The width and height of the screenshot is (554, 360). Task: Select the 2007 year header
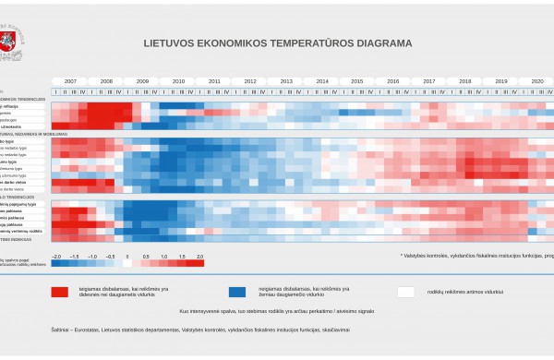[x=70, y=82]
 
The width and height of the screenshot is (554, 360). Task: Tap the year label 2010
[x=178, y=82]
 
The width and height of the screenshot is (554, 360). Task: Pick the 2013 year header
[x=286, y=82]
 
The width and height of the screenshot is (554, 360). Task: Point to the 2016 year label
[x=393, y=82]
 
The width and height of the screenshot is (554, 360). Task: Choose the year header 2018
[x=465, y=82]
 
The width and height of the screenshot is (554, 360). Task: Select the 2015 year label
[x=357, y=82]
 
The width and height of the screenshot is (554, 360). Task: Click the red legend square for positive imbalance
[x=60, y=292]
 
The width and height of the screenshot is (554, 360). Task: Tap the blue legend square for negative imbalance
[x=237, y=292]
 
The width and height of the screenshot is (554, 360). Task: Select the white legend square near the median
[x=405, y=292]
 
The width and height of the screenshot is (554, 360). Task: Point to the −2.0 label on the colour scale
[x=56, y=255]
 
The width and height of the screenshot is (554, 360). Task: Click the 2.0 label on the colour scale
[x=200, y=255]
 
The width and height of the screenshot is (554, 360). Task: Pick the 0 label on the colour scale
[x=128, y=255]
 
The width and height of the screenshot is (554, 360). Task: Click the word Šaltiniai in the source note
[x=62, y=329]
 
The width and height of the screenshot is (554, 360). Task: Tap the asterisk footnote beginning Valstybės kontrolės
[x=476, y=255]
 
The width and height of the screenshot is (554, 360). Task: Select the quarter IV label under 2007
[x=84, y=91]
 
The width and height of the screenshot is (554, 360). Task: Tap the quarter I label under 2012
[x=237, y=91]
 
